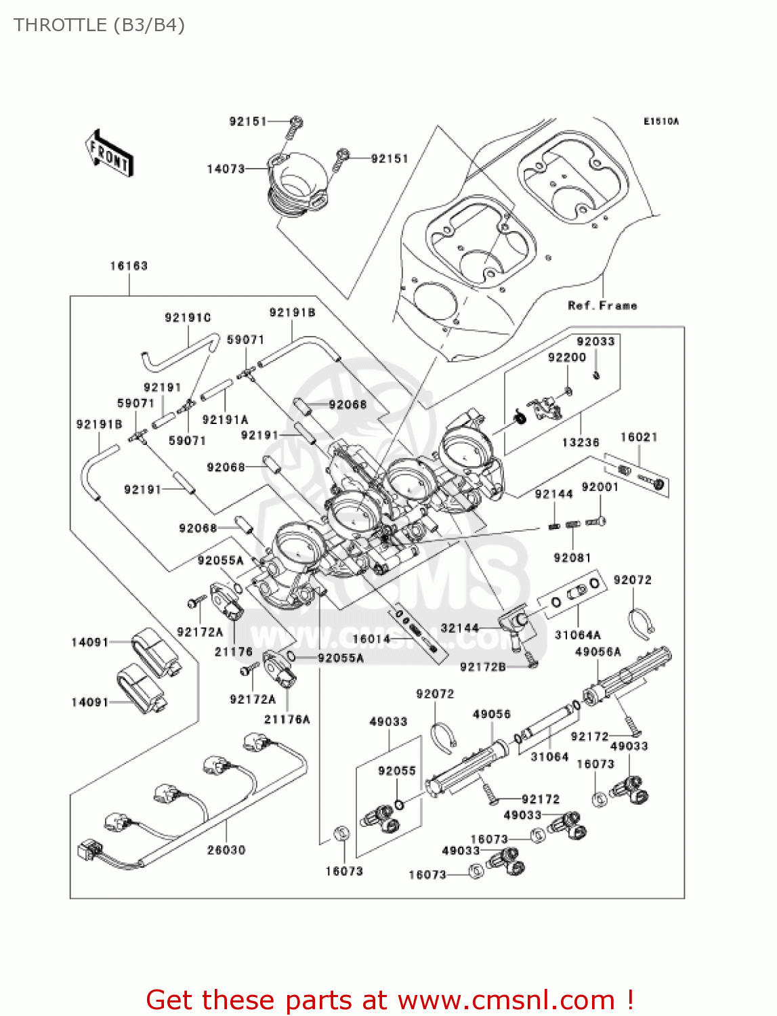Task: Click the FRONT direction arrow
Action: point(109,154)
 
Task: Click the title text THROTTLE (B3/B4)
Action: point(99,25)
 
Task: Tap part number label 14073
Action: point(226,169)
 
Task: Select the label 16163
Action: point(129,266)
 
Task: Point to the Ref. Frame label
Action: point(602,305)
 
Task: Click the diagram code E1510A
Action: point(660,122)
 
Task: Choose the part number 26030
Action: point(226,850)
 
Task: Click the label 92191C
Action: point(188,318)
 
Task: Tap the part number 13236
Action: point(581,442)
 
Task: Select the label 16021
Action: point(639,438)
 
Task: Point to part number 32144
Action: point(460,628)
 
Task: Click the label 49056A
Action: point(597,652)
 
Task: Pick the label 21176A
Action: point(287,719)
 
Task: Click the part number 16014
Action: point(371,639)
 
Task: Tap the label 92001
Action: point(600,487)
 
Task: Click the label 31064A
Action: point(577,635)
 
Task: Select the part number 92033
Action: point(595,341)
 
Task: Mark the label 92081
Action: point(572,557)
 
